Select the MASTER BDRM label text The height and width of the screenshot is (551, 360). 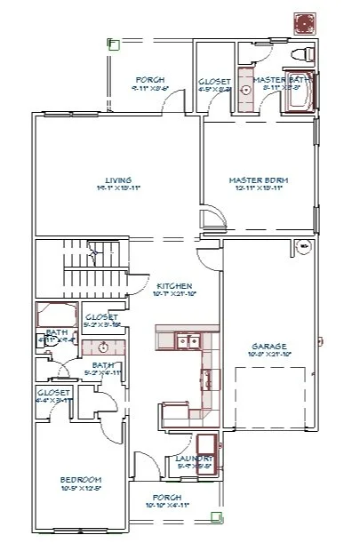[x=258, y=179]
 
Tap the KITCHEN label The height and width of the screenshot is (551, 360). [x=170, y=284]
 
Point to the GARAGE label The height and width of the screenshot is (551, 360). [x=269, y=345]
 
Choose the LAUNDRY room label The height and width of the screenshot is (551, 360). [x=194, y=458]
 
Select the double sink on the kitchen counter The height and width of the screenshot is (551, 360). [x=187, y=339]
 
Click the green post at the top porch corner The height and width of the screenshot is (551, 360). [x=113, y=42]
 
